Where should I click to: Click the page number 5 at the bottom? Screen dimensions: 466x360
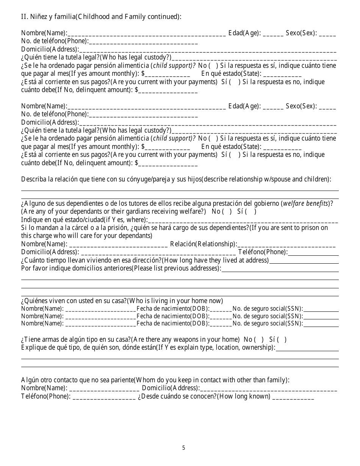pyautogui.click(x=183, y=448)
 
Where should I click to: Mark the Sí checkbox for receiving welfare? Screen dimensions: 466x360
pyautogui.click(x=252, y=211)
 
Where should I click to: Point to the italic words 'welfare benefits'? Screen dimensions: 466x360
pyautogui.click(x=306, y=203)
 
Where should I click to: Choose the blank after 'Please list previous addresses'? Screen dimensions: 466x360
pyautogui.click(x=280, y=269)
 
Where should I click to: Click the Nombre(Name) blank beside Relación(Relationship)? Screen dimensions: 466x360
pyautogui.click(x=118, y=244)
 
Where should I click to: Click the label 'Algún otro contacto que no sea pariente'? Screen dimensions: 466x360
pyautogui.click(x=78, y=380)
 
